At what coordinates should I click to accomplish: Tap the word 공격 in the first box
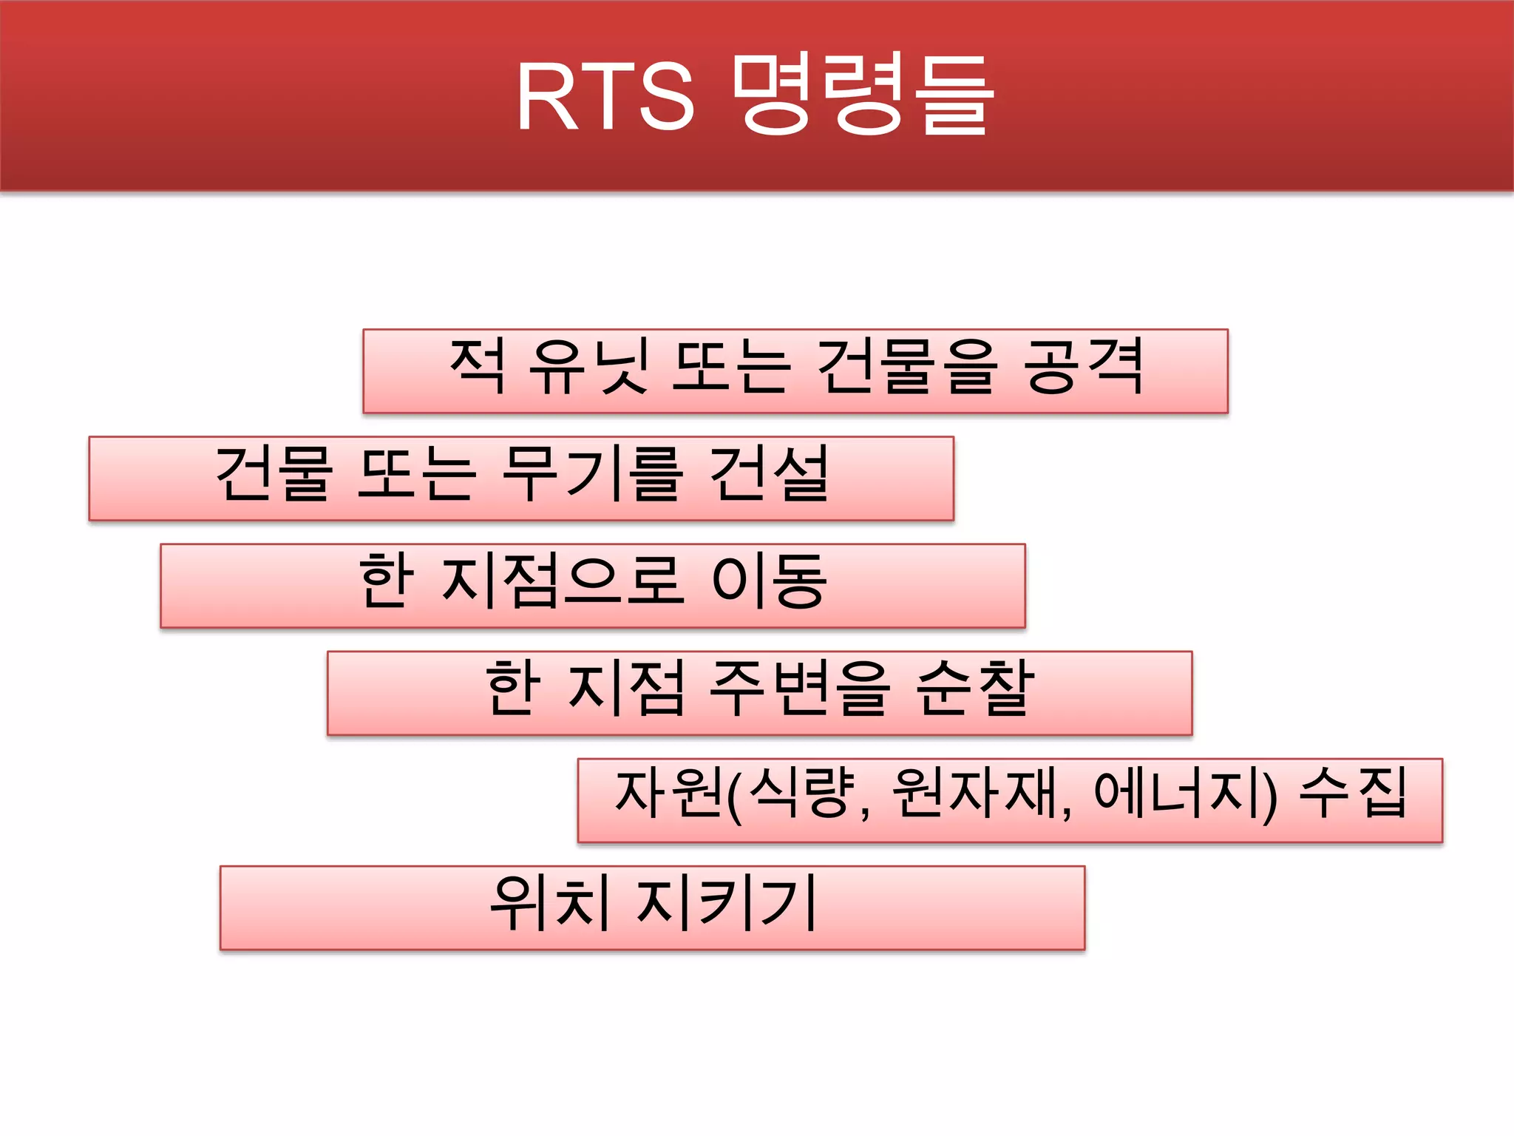1084,367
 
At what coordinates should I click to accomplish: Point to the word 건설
769,474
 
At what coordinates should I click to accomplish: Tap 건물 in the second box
274,474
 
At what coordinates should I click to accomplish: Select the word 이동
769,581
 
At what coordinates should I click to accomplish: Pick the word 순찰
974,689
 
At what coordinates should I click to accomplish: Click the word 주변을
798,689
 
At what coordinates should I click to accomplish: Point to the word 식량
801,794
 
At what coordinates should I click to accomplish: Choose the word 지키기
727,903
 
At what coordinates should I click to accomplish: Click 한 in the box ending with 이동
384,581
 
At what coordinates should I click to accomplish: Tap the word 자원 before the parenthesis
668,794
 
